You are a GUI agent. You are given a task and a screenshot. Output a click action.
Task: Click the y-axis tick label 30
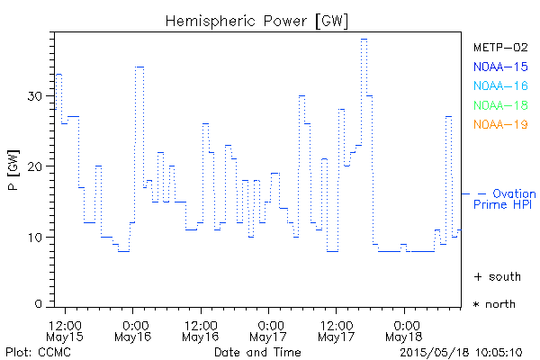pyautogui.click(x=35, y=95)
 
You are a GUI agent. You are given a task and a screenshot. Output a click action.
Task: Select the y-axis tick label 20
pyautogui.click(x=35, y=166)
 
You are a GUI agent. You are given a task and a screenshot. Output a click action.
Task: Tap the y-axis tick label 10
pyautogui.click(x=35, y=237)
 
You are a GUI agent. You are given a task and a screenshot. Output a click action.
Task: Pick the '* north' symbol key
pyautogui.click(x=495, y=304)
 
